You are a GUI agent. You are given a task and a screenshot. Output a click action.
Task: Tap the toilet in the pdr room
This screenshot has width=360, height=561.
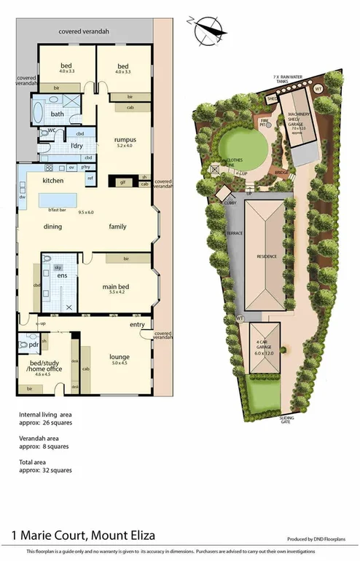pos(23,344)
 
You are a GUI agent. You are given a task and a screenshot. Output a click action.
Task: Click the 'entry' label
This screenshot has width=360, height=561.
pos(136,325)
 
